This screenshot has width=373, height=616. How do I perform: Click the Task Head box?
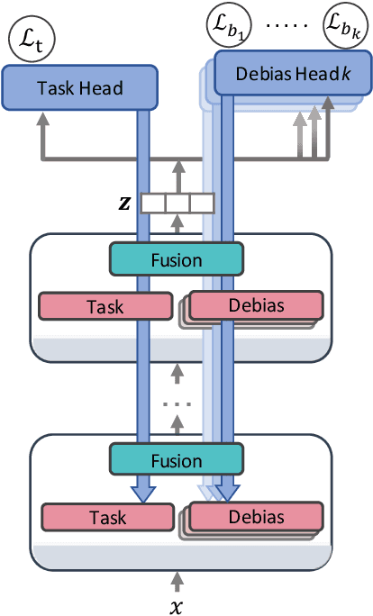[x=79, y=88]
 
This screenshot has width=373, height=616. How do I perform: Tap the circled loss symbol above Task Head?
[x=26, y=39]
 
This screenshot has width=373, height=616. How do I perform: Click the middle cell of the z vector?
[x=178, y=204]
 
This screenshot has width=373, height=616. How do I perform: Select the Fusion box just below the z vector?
[x=176, y=261]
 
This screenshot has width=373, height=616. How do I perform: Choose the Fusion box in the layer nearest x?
[x=176, y=461]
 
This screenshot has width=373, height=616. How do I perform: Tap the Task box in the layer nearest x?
[x=107, y=517]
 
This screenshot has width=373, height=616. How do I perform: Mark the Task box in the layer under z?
[x=107, y=306]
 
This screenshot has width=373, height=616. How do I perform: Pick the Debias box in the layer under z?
[x=256, y=305]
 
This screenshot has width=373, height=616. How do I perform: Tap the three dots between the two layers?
[x=177, y=404]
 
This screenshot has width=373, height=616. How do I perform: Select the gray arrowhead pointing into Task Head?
[x=41, y=117]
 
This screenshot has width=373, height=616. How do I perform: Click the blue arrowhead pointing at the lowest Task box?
[x=142, y=493]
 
